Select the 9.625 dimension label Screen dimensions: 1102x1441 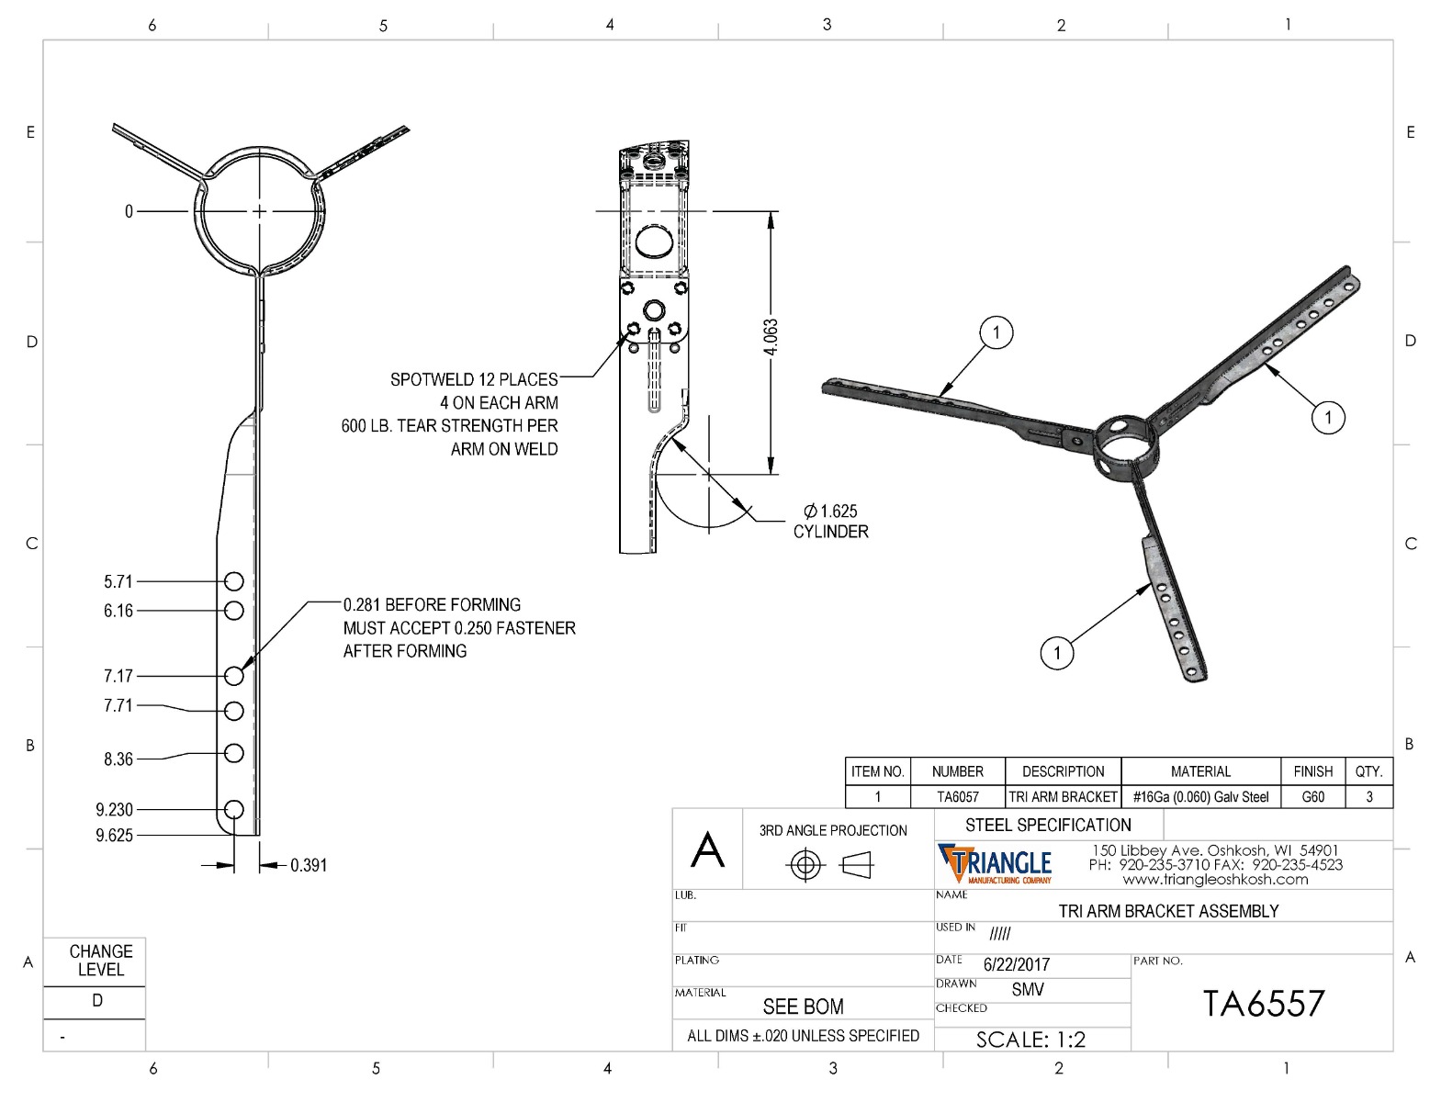[x=114, y=836]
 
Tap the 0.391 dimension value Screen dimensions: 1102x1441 [x=309, y=866]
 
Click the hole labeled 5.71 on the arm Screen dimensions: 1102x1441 [x=234, y=581]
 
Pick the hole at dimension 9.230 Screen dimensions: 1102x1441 [x=234, y=809]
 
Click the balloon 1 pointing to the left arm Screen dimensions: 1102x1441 [x=996, y=332]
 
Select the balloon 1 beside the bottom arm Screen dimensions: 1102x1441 [x=1057, y=653]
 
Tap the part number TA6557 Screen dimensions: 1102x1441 [x=1264, y=1004]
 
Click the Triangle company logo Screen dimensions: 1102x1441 [x=994, y=864]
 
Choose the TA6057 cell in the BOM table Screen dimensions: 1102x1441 [x=957, y=797]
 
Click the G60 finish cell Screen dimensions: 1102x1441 [x=1312, y=797]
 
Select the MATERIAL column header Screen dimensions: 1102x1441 [x=1200, y=771]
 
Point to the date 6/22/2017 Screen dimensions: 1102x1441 [x=1016, y=965]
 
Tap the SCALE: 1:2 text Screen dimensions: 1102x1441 [x=1030, y=1040]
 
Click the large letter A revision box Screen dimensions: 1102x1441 [x=707, y=849]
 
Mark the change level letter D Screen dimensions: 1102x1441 [x=97, y=1001]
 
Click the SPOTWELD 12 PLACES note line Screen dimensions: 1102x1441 [x=474, y=379]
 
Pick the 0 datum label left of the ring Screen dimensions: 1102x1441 [x=129, y=212]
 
